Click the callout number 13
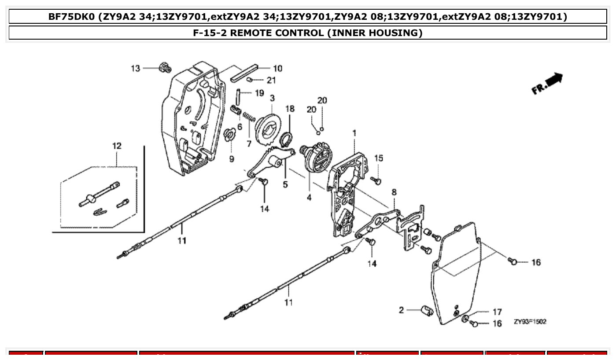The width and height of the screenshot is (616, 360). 136,68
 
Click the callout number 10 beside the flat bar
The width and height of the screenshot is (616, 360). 277,68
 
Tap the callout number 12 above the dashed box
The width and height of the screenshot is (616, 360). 117,146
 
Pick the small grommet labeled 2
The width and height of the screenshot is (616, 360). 426,311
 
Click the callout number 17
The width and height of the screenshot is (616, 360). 497,312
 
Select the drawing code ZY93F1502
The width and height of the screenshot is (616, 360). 530,322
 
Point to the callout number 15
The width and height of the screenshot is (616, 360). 379,158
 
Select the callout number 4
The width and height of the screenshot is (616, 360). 309,198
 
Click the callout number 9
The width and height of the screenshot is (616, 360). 232,159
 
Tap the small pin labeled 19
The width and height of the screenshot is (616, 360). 237,95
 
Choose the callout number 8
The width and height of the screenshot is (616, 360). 394,192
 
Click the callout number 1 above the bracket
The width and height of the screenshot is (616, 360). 354,132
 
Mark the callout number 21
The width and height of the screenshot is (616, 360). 271,80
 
